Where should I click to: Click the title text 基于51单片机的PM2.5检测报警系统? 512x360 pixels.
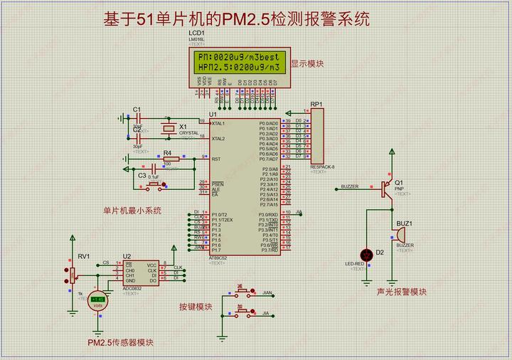click(236, 18)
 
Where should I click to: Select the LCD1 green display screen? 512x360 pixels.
click(238, 62)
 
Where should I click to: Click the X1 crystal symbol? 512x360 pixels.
click(168, 129)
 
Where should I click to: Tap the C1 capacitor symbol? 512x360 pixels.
click(139, 117)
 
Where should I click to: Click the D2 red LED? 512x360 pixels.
click(368, 254)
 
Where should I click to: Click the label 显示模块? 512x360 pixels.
click(307, 64)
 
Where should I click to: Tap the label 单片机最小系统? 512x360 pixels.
click(132, 211)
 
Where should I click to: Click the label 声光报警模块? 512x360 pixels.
click(402, 292)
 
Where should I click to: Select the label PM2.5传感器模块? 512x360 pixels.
click(121, 342)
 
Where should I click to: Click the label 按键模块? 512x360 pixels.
click(196, 307)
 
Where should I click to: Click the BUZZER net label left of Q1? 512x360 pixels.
click(350, 186)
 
